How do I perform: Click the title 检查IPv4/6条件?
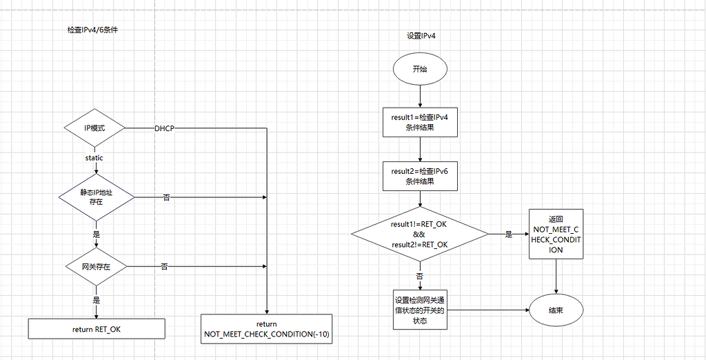click(x=92, y=30)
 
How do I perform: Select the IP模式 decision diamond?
click(x=94, y=128)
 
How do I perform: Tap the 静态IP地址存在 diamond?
click(x=96, y=197)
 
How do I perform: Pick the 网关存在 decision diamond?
click(x=97, y=266)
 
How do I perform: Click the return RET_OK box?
click(x=97, y=329)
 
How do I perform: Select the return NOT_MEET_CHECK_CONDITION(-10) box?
click(x=267, y=329)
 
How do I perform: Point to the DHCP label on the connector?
click(x=165, y=128)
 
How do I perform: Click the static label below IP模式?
click(x=94, y=158)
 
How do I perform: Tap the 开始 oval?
click(x=420, y=69)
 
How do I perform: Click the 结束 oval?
click(x=556, y=310)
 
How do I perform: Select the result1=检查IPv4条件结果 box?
click(x=420, y=122)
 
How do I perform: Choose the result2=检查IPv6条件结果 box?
click(x=420, y=176)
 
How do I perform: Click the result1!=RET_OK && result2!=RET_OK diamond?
click(x=420, y=234)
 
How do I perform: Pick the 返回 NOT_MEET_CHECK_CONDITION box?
click(x=556, y=234)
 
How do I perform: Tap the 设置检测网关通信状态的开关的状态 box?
click(x=420, y=310)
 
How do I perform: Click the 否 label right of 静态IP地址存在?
click(x=166, y=197)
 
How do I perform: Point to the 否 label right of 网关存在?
click(x=164, y=266)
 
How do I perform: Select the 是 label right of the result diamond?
click(x=508, y=234)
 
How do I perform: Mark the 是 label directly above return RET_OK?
click(x=97, y=300)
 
